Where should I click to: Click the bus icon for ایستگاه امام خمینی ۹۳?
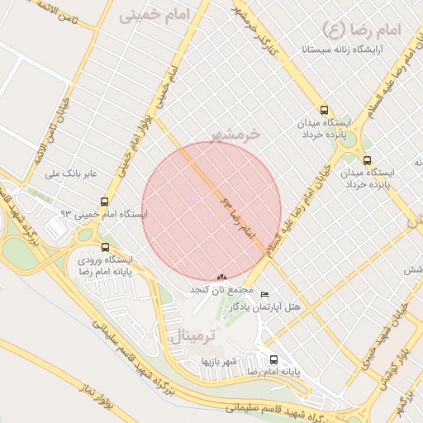point(104,201)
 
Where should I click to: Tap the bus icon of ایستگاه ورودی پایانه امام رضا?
point(104,246)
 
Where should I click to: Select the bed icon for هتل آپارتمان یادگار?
point(264,295)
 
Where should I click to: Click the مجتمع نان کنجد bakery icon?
point(221,278)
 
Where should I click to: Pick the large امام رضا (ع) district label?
point(364,31)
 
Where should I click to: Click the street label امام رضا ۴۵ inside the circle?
point(239,219)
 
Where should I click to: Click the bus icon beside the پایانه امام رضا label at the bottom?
point(273,359)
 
